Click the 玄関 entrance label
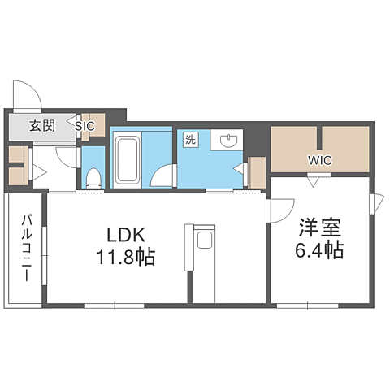click(42, 126)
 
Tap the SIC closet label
click(85, 126)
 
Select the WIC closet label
click(319, 159)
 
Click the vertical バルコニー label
click(26, 248)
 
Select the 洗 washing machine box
click(190, 139)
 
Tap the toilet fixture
click(93, 175)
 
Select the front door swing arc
click(26, 93)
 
